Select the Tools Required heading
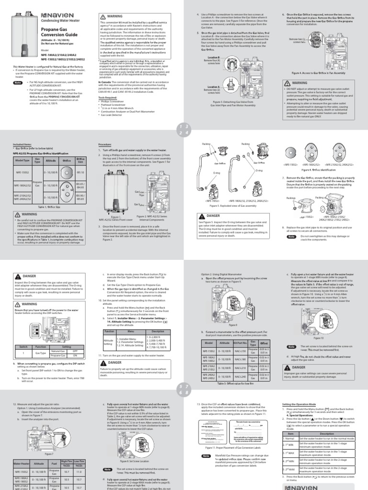(x=108, y=97)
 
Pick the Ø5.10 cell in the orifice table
(x=80, y=172)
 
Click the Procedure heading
(x=105, y=145)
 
